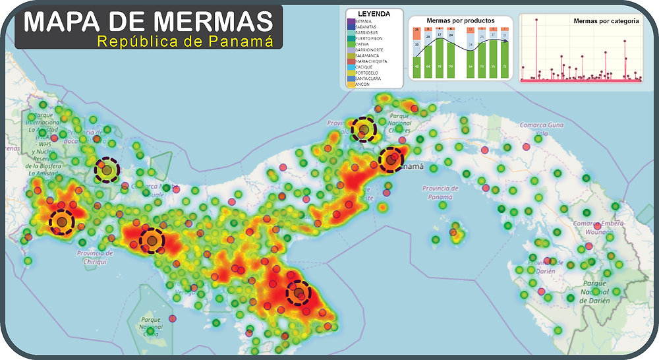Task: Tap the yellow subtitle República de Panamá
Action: pos(185,42)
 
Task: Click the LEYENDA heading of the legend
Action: pos(373,13)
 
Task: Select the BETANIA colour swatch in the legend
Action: pos(351,21)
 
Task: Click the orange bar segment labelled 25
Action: pos(416,32)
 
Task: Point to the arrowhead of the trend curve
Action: pos(507,43)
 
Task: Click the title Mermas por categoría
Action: pos(606,21)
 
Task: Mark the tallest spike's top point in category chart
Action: pos(536,20)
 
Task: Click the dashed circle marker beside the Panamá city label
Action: pos(391,160)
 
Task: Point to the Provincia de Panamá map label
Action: pos(440,192)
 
